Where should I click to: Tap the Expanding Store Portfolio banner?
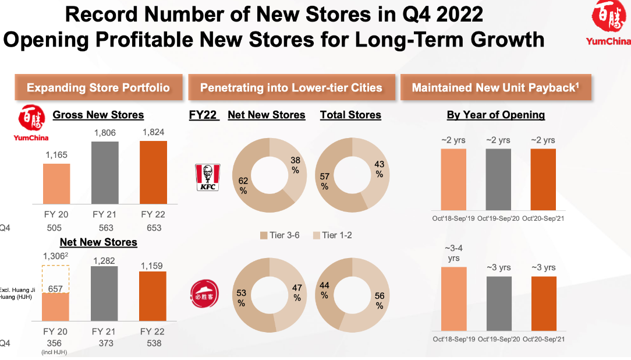coord(98,88)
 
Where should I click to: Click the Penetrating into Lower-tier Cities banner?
coord(291,88)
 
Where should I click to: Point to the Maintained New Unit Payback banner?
coord(495,88)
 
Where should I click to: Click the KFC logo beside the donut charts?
coord(205,178)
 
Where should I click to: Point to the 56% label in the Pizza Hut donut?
coord(380,301)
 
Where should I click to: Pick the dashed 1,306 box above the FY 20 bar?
coord(56,279)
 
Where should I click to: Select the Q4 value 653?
coord(154,228)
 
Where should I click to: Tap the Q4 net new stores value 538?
coord(154,343)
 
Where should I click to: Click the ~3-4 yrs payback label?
coord(453,253)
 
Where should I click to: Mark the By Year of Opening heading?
coord(495,115)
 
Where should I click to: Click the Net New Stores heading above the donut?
coord(267,115)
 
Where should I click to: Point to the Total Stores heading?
coord(350,115)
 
